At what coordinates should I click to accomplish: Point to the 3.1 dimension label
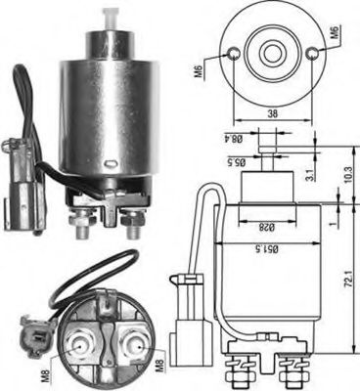click(x=311, y=175)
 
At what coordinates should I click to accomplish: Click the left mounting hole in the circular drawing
click(x=234, y=55)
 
